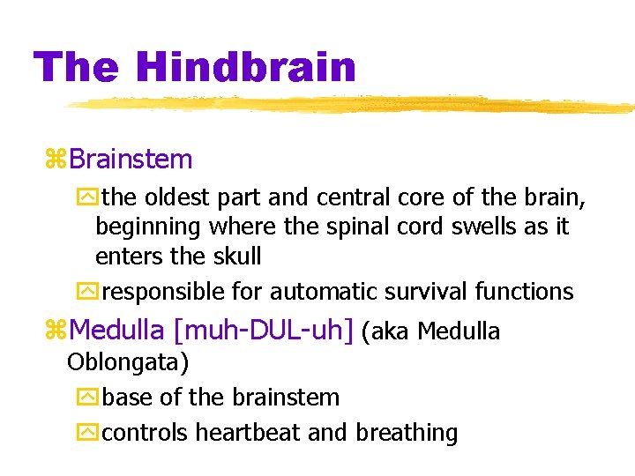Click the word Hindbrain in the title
tap(247, 68)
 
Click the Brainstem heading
tap(131, 160)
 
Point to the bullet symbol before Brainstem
tap(56, 160)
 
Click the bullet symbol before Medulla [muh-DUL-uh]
tap(56, 331)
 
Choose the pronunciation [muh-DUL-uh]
tap(264, 331)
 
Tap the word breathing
tap(407, 433)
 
